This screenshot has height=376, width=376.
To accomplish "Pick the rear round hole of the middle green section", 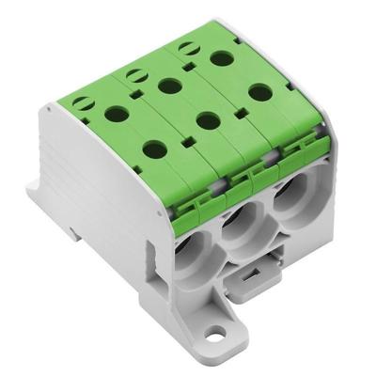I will click(169, 87).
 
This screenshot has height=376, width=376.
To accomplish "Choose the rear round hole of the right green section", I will click(223, 59).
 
